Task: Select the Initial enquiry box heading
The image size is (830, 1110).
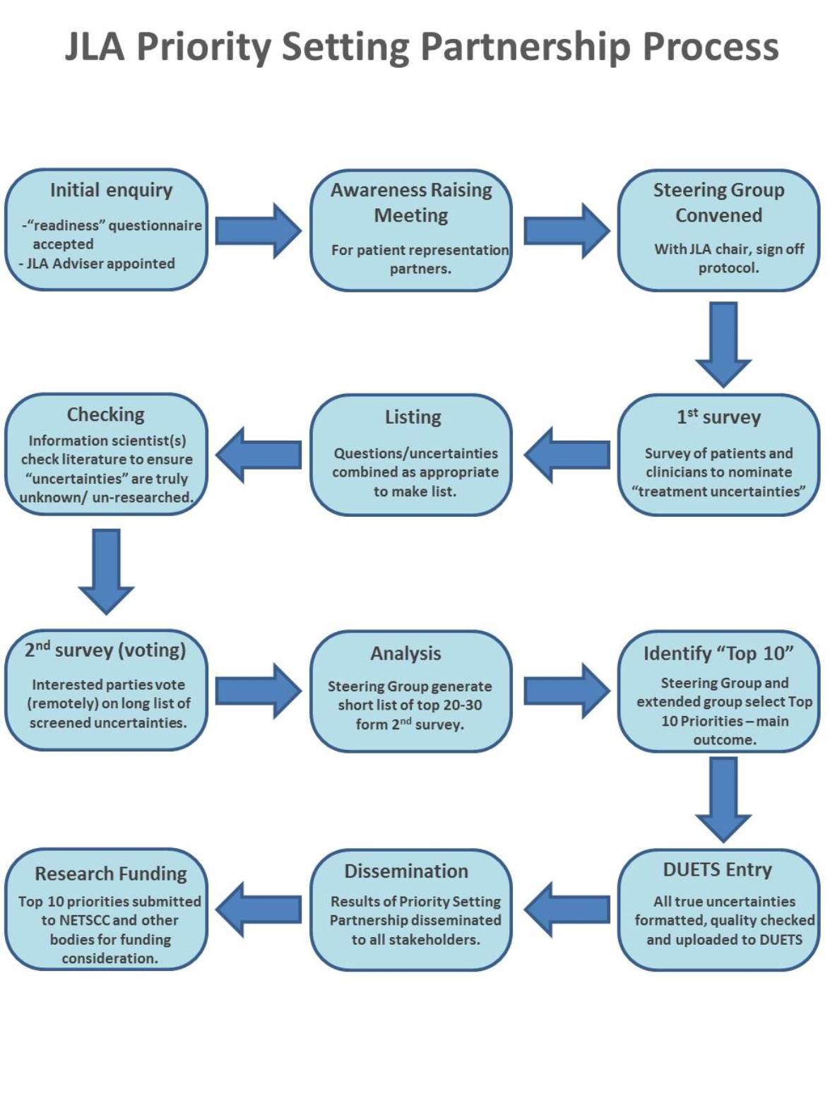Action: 111,190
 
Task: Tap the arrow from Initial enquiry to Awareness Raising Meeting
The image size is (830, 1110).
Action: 258,230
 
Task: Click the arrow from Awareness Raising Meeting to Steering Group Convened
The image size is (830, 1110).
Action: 567,230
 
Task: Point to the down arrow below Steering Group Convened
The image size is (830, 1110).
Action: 723,343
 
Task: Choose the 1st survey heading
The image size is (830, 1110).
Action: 718,417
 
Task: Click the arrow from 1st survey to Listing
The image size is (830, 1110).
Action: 567,455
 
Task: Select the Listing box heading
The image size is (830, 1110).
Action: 413,417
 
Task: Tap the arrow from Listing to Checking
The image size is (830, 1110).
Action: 259,455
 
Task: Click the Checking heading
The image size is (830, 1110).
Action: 105,414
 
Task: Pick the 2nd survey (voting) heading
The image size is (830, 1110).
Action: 105,650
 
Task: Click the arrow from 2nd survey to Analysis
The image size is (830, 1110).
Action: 258,691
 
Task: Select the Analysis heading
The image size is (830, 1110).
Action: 405,654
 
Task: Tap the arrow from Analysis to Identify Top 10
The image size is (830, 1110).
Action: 567,691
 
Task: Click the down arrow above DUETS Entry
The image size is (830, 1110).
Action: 723,799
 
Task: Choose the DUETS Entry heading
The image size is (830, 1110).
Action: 717,870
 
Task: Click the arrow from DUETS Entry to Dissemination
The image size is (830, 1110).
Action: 567,909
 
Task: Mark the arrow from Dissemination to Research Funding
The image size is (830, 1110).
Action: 259,909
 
